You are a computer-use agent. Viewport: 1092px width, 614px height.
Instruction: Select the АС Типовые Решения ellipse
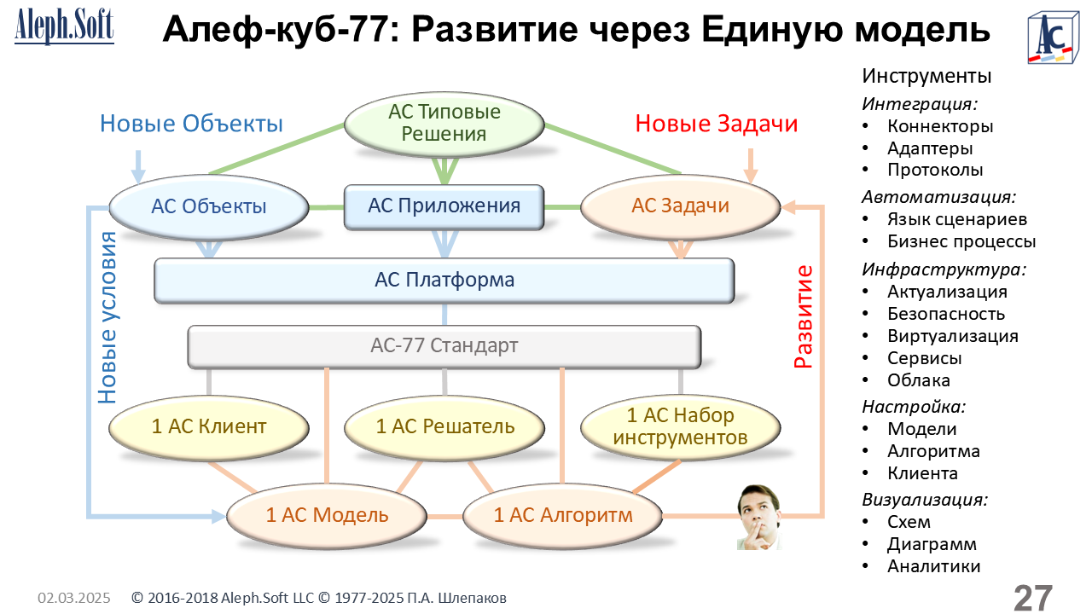444,124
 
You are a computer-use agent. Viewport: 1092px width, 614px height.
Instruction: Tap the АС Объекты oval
209,206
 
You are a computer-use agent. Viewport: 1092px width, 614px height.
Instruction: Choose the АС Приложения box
444,206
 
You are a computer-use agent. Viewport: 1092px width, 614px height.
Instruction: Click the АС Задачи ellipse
680,206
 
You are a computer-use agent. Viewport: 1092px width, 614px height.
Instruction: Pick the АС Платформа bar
444,281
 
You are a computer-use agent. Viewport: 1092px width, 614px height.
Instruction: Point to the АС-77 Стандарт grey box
444,346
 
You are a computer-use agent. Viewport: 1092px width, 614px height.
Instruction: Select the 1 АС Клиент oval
209,426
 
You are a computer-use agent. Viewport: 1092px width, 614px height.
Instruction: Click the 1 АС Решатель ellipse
444,426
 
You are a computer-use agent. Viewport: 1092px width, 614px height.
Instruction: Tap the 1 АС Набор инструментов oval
680,426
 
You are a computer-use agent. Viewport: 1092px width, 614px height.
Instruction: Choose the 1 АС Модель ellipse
327,515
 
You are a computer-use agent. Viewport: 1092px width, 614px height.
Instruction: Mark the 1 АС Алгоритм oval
563,515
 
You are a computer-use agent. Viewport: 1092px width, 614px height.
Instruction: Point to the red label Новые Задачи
717,124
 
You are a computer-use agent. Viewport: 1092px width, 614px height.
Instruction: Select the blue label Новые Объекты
191,124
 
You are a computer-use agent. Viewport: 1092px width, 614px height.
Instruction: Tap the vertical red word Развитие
803,316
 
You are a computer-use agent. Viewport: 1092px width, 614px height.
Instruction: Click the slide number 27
1032,598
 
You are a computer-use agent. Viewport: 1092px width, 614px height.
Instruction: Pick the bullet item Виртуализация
952,336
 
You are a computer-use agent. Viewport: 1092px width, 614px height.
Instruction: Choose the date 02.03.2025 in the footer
73,599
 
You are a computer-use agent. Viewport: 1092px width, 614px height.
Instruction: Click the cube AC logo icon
1050,38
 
